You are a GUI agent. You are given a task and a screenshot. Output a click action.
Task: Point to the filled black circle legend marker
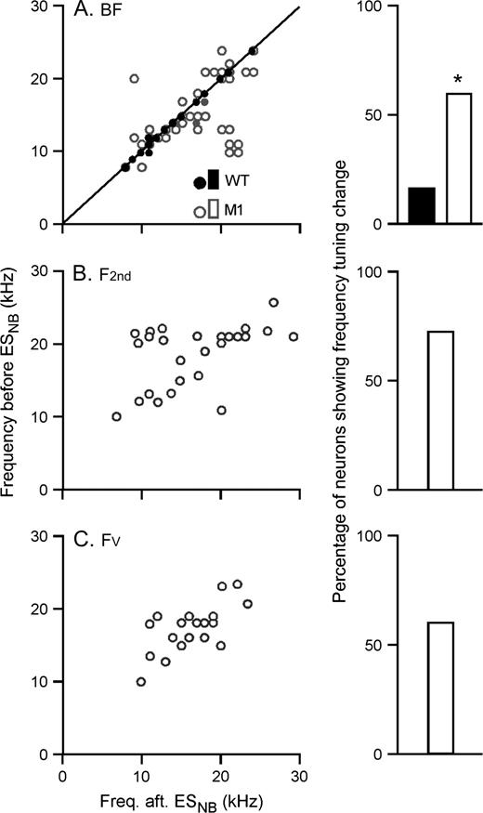click(199, 182)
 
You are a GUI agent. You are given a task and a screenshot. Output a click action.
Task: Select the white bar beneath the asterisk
click(461, 158)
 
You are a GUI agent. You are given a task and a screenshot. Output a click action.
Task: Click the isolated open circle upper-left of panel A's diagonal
click(134, 79)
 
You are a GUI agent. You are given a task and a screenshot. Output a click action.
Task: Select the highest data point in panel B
click(273, 303)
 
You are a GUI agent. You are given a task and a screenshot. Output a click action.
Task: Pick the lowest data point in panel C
click(141, 682)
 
